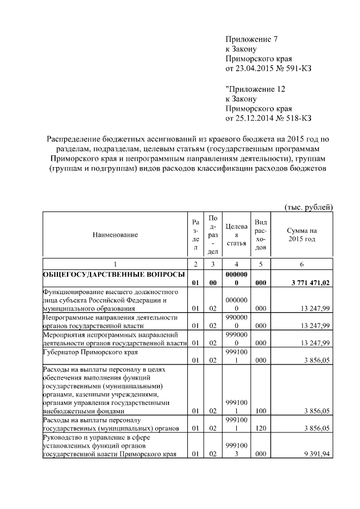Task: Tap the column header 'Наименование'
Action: point(115,235)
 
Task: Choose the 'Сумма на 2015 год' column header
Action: point(301,235)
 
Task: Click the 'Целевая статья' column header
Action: point(236,235)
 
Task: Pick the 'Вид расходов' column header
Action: point(260,235)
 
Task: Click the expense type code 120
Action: point(260,429)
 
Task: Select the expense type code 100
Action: point(260,411)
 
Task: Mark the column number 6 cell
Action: point(301,264)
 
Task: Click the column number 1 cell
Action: point(115,264)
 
